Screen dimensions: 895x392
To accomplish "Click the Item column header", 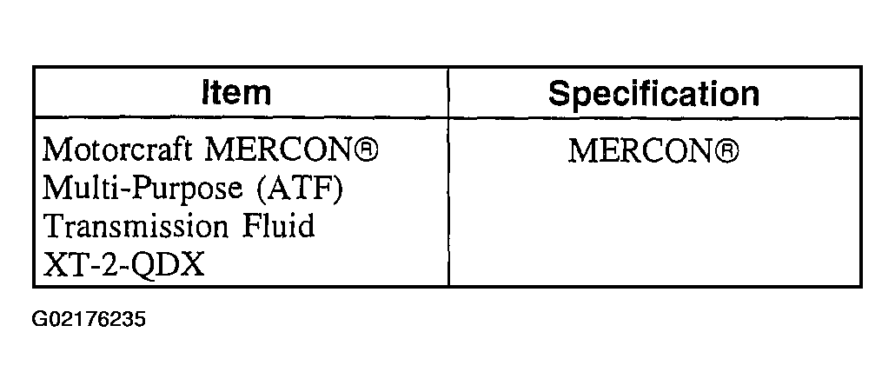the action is (x=235, y=93).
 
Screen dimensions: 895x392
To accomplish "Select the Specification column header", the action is (x=653, y=94).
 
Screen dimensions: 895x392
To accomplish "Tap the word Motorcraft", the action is (x=117, y=150).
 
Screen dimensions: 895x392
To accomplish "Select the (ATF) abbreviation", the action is (x=300, y=189).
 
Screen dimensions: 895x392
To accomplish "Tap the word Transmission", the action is (x=136, y=226).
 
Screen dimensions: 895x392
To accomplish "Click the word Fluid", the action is (x=279, y=225).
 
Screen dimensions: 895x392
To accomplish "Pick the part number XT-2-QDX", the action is (x=123, y=264).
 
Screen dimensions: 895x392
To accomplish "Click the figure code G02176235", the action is (x=89, y=319).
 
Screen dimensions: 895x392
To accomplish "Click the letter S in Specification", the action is (x=560, y=94).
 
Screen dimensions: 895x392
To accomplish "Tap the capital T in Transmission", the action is (x=55, y=226).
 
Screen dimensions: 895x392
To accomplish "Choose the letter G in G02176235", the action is (x=39, y=319).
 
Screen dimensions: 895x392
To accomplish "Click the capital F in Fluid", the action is (x=252, y=226).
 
